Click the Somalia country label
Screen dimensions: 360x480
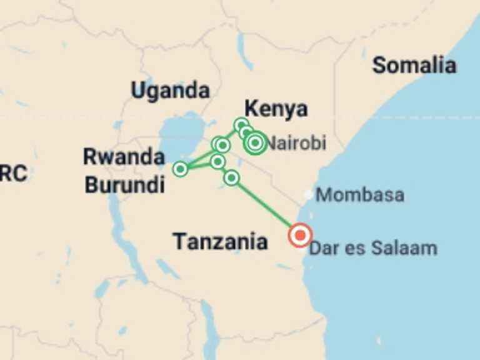tap(414, 65)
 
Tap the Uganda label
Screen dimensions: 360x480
tap(170, 91)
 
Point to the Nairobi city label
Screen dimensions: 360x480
tap(297, 144)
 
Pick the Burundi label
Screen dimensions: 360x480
tap(125, 184)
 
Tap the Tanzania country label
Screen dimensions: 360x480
tap(220, 241)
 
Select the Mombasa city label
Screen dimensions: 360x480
tap(360, 194)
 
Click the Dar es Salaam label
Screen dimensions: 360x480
tap(373, 248)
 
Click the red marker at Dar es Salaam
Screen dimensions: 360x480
tap(300, 235)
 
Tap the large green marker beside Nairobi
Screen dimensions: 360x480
tap(255, 143)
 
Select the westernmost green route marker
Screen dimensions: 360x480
tap(180, 169)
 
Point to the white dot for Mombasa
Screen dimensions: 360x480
tap(308, 194)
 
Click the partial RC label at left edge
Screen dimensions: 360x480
tap(12, 173)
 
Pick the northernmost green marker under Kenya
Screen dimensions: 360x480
tap(241, 124)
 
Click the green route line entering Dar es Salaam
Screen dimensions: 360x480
tap(269, 208)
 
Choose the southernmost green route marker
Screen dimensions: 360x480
tap(231, 178)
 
